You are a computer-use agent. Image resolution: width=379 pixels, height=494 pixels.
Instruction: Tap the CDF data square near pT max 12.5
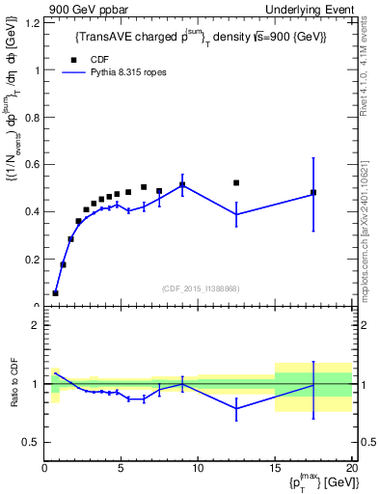(x=236, y=182)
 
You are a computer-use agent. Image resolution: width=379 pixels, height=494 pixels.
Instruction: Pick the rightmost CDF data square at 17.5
(x=313, y=193)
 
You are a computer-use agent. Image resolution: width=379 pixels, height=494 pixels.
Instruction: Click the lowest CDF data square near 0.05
(x=56, y=292)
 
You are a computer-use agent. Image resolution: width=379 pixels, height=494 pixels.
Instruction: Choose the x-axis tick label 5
(x=121, y=469)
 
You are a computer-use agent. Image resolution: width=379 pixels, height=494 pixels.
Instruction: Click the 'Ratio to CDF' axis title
(x=14, y=384)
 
